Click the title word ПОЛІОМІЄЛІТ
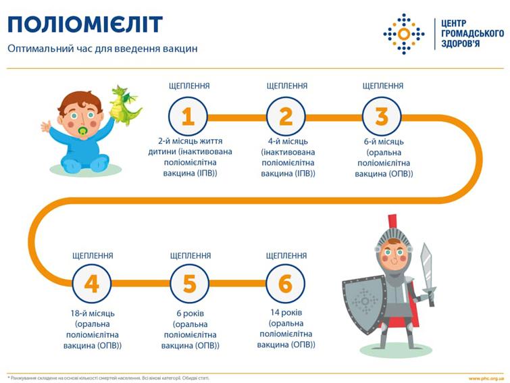(85, 24)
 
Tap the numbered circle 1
(188, 117)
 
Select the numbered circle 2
(286, 117)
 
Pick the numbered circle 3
(382, 117)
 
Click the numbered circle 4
(92, 284)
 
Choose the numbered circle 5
(190, 284)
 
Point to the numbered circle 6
(286, 284)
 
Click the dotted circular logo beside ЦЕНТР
(404, 34)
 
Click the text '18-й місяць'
(92, 313)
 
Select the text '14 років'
(286, 313)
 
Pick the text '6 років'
(190, 313)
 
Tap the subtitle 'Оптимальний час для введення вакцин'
(103, 49)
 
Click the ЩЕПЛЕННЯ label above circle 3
(382, 86)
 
